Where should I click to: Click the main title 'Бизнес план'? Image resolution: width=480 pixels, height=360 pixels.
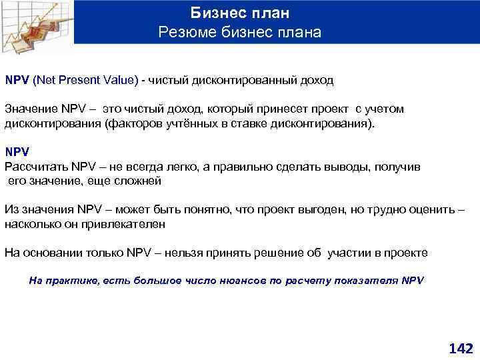[240, 13]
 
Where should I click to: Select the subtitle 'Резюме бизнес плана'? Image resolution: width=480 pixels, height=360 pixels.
[240, 32]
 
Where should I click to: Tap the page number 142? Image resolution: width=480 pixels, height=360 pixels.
[461, 348]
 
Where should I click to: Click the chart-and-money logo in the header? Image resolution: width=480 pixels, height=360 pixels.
[37, 23]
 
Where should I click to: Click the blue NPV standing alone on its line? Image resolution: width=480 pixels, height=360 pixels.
[17, 152]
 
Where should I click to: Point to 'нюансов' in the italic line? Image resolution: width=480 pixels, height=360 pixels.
[241, 281]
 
